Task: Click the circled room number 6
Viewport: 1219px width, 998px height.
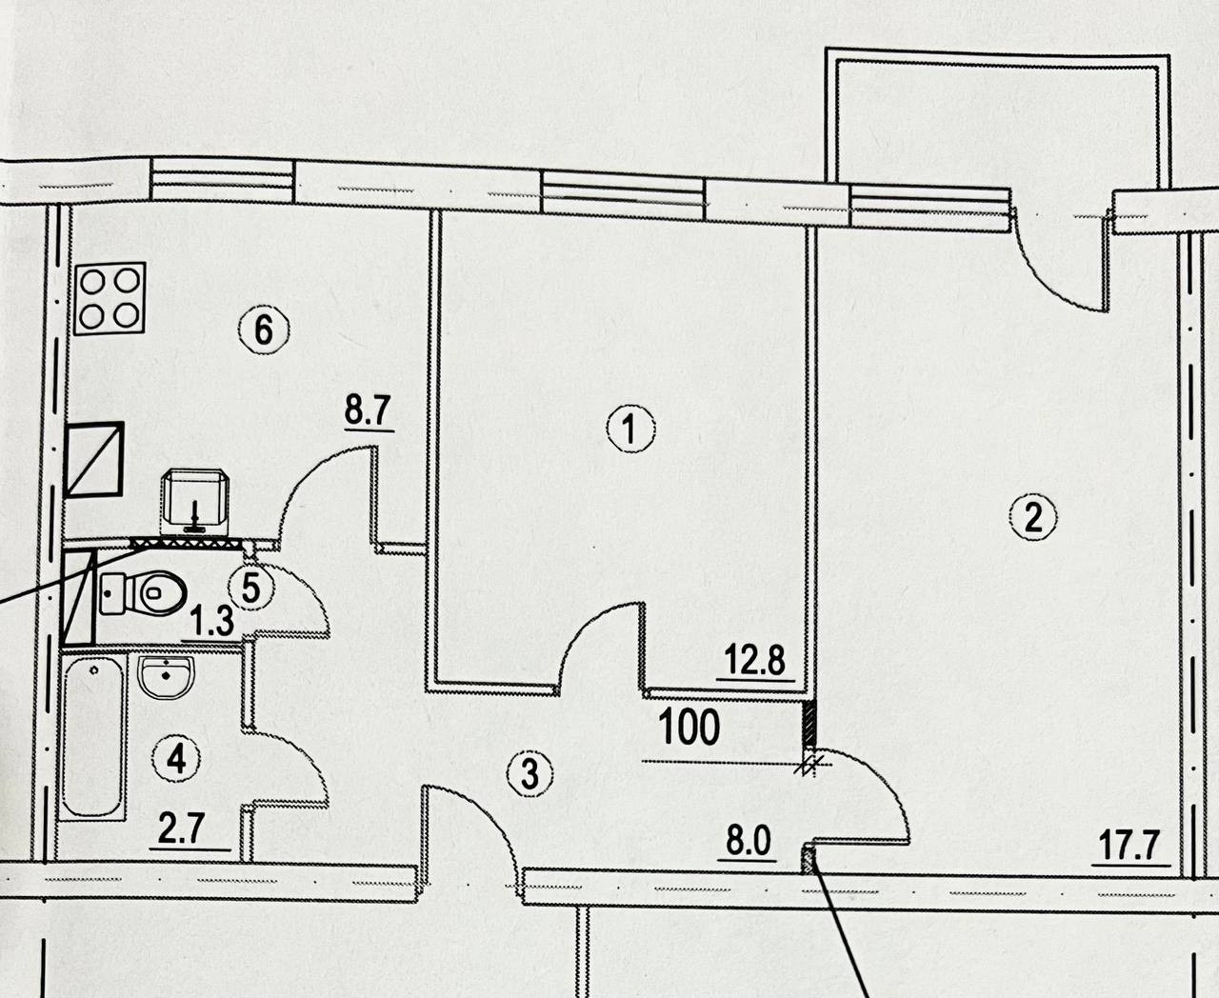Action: click(x=264, y=330)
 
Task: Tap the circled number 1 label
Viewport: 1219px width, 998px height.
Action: click(x=630, y=431)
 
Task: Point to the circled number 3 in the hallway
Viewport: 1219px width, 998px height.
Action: click(x=530, y=773)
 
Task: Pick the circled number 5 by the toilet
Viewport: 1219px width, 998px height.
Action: click(x=250, y=589)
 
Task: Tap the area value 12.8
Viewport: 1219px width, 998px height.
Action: click(x=756, y=659)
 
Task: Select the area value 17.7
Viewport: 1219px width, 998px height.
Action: click(x=1129, y=846)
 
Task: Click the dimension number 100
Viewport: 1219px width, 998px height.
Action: click(x=689, y=729)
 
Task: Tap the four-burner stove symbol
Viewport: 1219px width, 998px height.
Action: click(x=110, y=298)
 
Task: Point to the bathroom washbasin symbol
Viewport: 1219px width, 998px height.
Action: click(x=168, y=676)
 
